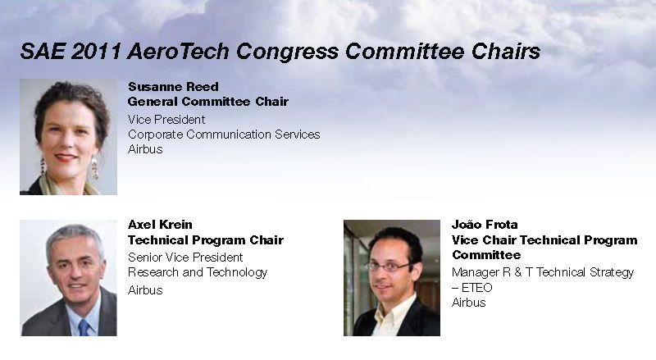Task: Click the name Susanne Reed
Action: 173,87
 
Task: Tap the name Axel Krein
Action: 160,225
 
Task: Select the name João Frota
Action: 485,225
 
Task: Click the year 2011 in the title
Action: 96,52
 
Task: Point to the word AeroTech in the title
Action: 179,52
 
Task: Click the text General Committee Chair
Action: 208,102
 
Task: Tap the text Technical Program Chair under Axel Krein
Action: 206,240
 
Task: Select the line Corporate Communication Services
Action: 224,134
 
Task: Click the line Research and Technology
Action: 198,272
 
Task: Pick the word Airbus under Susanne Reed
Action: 145,149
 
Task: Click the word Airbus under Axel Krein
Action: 145,290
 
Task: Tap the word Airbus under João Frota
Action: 469,303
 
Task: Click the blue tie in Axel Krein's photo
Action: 84,327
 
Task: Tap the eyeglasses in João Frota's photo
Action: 388,267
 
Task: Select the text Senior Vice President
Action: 185,257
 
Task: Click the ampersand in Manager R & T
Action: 518,272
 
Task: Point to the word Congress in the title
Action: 288,52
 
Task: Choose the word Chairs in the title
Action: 506,52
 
